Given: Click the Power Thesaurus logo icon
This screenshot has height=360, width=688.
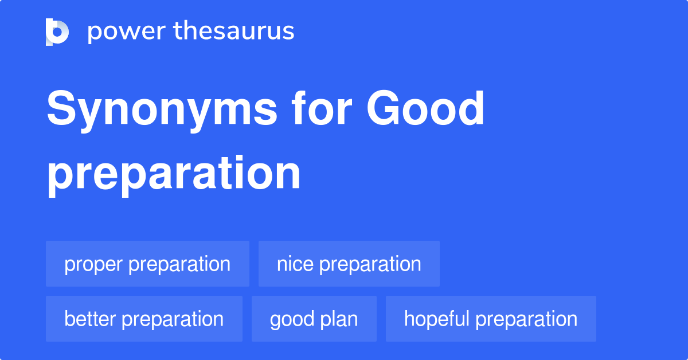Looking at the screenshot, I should (57, 32).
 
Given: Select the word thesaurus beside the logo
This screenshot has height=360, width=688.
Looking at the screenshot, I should (234, 32).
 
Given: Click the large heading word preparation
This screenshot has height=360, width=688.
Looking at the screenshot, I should (174, 173).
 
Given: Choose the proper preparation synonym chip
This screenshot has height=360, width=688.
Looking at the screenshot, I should (147, 264).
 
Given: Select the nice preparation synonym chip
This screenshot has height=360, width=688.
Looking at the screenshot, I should (349, 264).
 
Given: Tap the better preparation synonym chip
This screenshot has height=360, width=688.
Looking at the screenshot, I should (144, 319).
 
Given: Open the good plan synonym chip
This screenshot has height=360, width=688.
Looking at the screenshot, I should (314, 319).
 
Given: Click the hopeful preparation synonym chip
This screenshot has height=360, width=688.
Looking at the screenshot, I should (491, 319).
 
